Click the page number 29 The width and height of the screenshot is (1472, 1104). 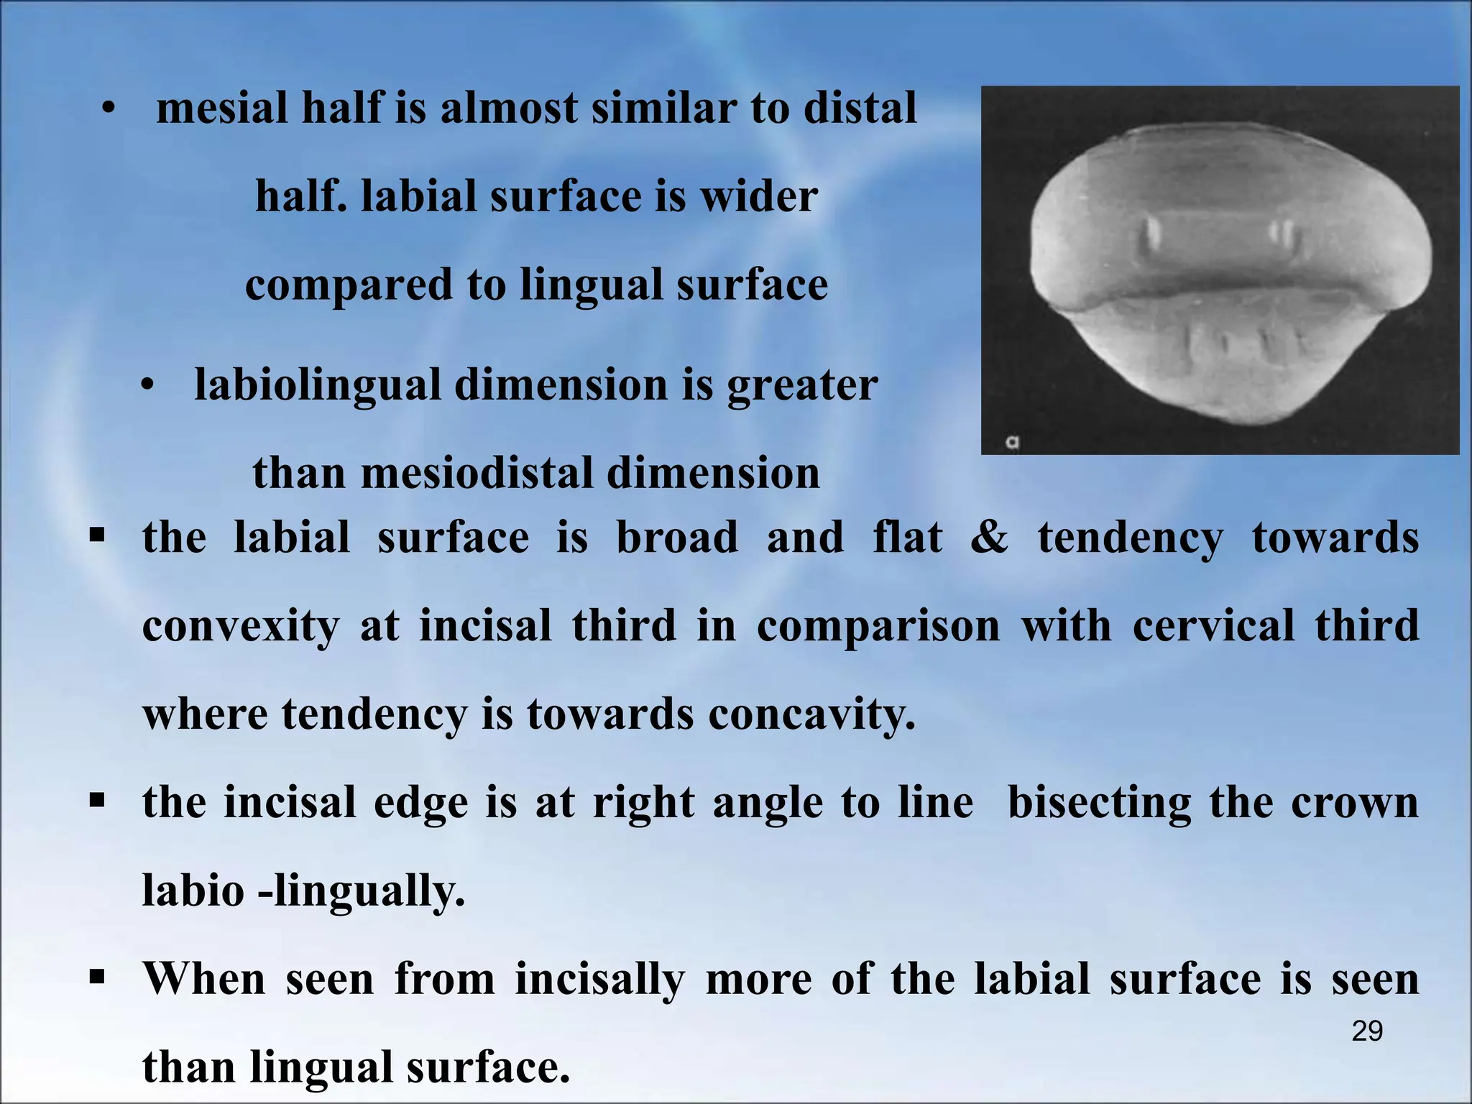tap(1367, 1031)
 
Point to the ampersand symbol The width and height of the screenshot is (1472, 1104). tap(989, 538)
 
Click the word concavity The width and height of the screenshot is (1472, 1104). tap(811, 714)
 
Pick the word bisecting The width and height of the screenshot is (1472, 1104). tap(1100, 803)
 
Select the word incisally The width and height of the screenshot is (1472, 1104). tap(599, 980)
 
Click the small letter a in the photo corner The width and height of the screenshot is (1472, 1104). tap(1013, 443)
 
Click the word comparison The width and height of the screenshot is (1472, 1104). tap(878, 626)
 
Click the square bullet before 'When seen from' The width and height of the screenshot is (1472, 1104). tap(98, 977)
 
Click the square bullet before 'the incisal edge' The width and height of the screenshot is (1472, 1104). tap(98, 801)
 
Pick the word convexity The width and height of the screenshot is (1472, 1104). tap(240, 626)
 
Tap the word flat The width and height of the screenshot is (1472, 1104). tap(906, 538)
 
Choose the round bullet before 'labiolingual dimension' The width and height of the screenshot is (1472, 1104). tap(147, 387)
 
